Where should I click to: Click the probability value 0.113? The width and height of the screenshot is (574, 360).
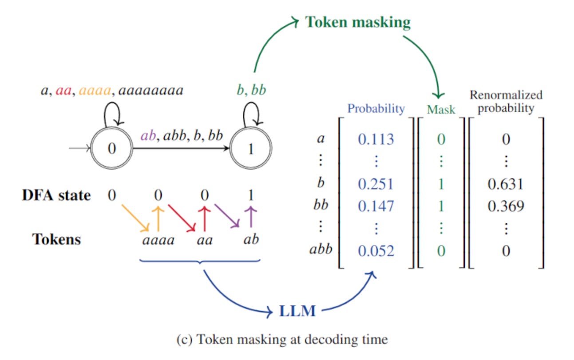(376, 139)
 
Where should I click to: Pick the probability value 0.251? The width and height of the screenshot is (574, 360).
(376, 185)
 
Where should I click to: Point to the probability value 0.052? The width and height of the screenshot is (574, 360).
(376, 251)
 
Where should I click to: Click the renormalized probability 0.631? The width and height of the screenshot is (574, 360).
(506, 185)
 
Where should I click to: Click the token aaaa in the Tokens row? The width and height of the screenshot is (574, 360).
(158, 240)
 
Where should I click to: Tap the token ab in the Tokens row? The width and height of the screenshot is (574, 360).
(251, 240)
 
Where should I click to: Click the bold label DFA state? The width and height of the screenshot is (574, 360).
(56, 195)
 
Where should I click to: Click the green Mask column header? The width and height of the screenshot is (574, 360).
(441, 109)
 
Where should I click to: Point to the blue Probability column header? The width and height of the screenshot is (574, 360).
(376, 109)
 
